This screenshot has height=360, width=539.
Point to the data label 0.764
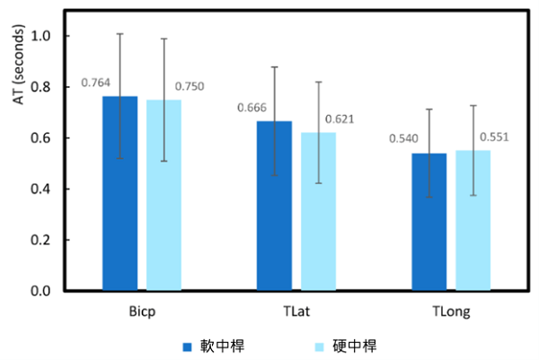click(x=95, y=83)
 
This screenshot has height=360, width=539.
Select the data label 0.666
click(x=252, y=109)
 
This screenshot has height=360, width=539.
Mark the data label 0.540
click(x=405, y=139)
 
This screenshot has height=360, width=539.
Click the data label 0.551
click(x=495, y=136)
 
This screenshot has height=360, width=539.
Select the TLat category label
click(x=296, y=312)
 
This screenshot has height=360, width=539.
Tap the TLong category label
click(x=451, y=312)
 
